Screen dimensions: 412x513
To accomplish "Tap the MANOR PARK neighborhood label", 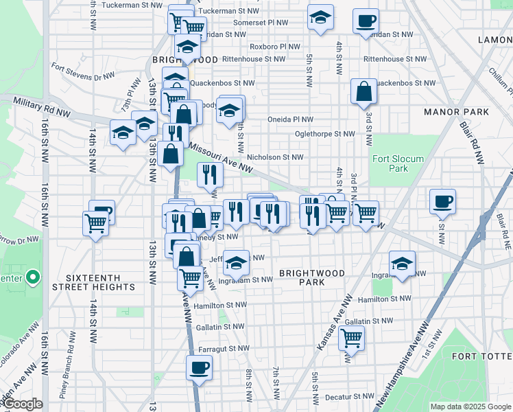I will point(456,111).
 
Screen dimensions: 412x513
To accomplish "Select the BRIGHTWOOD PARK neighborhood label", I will point(311,278).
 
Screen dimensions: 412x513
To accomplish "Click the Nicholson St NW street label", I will point(275,157).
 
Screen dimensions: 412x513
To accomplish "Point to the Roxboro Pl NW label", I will point(275,47).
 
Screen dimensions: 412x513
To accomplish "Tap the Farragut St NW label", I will point(223,348).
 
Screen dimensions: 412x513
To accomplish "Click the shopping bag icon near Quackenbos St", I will point(363,91).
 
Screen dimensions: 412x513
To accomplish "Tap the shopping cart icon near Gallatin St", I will point(351,337).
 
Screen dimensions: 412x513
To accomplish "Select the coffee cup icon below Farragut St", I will point(199,367).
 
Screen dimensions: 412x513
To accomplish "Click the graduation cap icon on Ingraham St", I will point(402,263).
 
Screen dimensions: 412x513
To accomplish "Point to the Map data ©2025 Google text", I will point(470,406).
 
